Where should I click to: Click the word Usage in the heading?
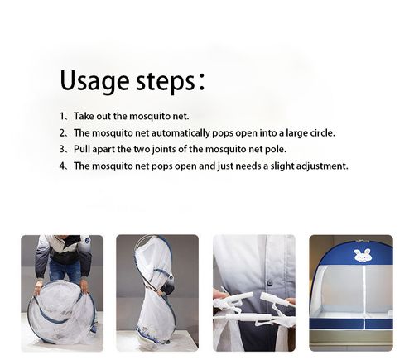[94, 81]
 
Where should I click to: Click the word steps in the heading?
[166, 82]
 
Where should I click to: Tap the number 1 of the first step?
[62, 116]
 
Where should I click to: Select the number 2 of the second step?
[62, 132]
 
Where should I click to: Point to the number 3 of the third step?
[62, 149]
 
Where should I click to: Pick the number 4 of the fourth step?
[62, 166]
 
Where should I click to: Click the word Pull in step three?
[82, 149]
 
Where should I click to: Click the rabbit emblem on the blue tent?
[363, 255]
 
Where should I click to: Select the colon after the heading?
[202, 81]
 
